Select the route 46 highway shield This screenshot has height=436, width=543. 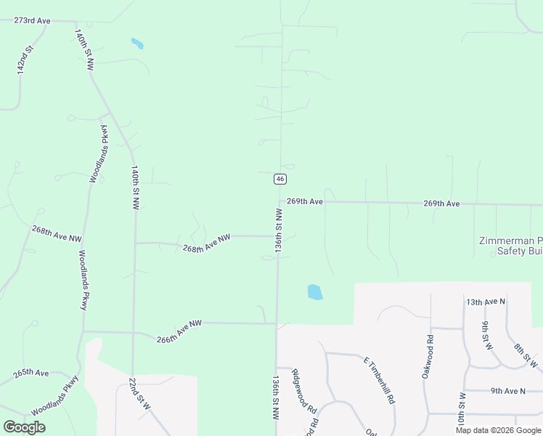click(280, 179)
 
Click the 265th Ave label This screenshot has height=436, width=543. click(31, 373)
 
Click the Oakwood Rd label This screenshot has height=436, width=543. click(428, 356)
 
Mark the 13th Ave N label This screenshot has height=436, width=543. click(485, 302)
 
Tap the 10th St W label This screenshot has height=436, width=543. click(461, 413)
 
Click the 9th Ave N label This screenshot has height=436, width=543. click(507, 391)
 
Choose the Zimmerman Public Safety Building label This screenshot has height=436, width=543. click(510, 246)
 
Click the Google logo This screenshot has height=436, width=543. click(24, 427)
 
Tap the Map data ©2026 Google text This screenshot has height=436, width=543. click(498, 430)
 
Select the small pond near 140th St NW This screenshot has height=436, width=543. click(136, 43)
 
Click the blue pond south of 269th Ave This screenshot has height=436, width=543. click(314, 292)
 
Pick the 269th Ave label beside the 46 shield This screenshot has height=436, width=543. click(304, 201)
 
